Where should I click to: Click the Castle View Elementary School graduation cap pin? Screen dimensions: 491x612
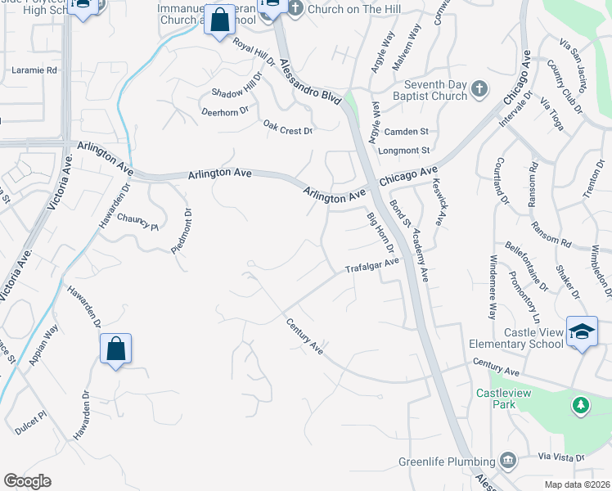582,332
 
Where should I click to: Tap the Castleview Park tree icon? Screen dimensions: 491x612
581,405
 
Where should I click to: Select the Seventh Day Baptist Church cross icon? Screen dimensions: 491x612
479,89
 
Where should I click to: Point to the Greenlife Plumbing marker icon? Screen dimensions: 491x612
507,460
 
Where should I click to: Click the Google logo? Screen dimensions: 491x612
27,481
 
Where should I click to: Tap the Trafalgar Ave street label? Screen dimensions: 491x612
371,265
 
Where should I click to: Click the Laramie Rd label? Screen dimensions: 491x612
34,70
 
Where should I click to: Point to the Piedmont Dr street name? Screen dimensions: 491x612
182,232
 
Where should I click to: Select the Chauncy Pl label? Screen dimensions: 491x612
137,221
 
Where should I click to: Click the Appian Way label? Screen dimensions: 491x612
46,342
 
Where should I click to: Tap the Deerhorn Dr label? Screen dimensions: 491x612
224,110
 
